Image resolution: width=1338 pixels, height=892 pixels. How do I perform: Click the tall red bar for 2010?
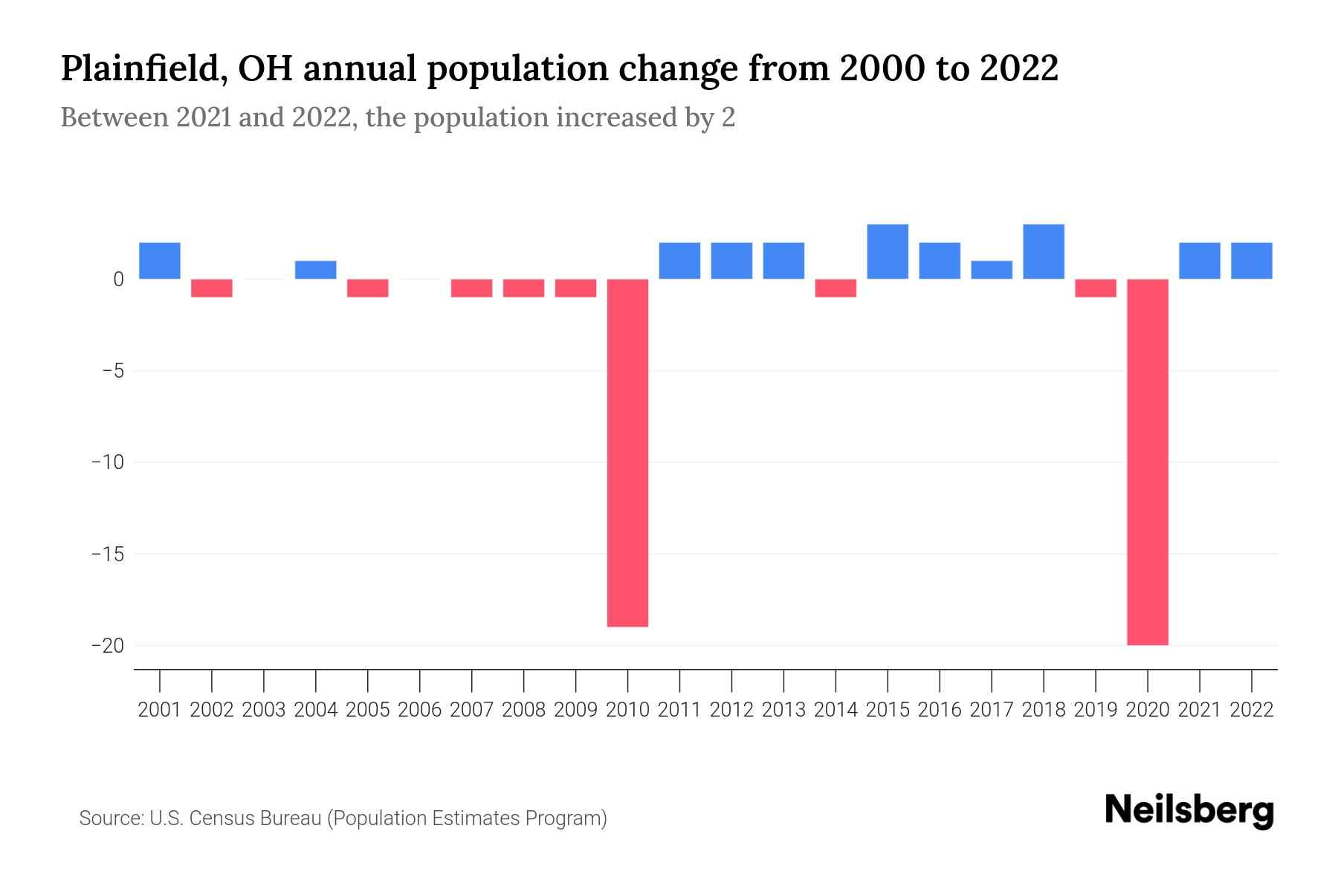point(628,453)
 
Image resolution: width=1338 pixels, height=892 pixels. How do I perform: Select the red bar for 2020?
point(1148,462)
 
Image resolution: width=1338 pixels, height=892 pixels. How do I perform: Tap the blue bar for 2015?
point(888,251)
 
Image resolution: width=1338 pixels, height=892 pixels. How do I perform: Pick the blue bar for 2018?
point(1044,251)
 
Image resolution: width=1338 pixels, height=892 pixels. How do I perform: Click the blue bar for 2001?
point(160,261)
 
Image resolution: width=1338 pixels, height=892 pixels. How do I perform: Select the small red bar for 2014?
point(836,288)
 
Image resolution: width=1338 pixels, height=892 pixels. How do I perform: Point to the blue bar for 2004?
point(316,270)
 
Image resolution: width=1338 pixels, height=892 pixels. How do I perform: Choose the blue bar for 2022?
point(1252,261)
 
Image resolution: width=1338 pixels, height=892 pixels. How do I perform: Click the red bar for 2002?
point(212,288)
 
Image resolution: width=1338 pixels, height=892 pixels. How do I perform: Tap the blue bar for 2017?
point(992,270)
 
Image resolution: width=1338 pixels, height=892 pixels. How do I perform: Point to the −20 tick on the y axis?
point(108,646)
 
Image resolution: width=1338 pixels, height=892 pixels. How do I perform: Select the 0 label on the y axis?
point(118,279)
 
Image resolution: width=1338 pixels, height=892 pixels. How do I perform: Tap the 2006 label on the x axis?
point(420,710)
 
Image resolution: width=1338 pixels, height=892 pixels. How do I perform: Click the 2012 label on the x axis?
point(731,710)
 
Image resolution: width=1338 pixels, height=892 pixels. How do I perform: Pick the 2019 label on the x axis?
point(1096,710)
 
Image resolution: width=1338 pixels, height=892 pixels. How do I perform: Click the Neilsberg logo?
point(1189,811)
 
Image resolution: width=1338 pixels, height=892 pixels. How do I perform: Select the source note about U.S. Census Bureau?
point(343,818)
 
